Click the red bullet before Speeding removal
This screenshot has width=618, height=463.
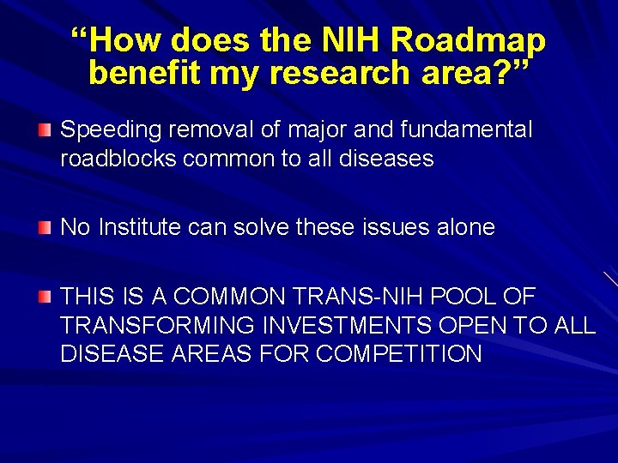coord(45,130)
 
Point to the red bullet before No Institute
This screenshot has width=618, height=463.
coord(45,227)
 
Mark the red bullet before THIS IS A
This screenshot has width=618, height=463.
coord(45,298)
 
